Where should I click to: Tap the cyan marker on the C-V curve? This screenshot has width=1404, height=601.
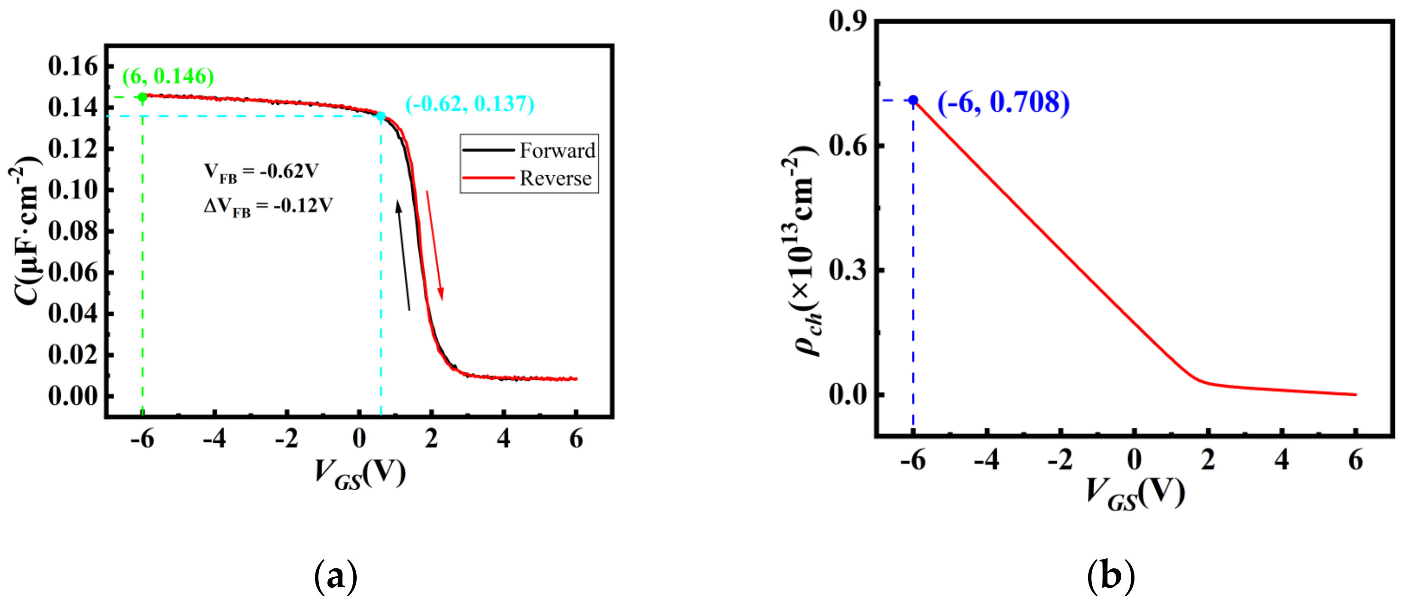pos(381,116)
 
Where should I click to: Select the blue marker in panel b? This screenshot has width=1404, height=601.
pos(913,100)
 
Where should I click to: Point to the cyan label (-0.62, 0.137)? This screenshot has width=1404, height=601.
pos(469,104)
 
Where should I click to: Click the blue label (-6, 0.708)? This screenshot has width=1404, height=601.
pos(1003,102)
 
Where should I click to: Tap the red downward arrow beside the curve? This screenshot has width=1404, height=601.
pos(434,245)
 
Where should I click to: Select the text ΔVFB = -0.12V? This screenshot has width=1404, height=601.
pos(268,206)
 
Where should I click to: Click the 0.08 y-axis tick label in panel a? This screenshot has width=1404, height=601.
pos(73,231)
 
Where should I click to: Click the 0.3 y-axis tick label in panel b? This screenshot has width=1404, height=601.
pos(846,270)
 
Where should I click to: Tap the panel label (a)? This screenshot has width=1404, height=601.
pos(336,576)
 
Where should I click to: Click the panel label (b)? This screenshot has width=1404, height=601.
pos(1111,576)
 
